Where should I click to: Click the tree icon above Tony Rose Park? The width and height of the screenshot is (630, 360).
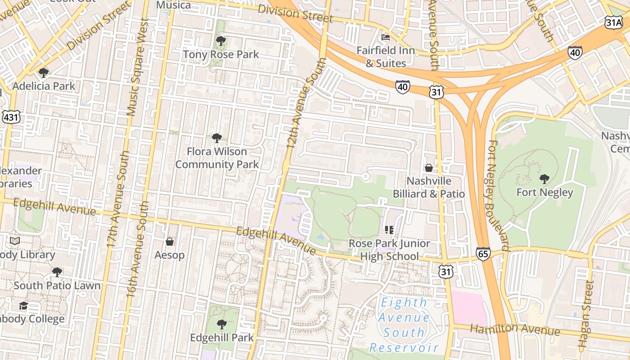click(x=220, y=41)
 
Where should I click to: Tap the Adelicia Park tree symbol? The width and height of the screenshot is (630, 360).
click(x=43, y=72)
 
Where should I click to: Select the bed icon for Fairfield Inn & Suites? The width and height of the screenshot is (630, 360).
click(x=386, y=37)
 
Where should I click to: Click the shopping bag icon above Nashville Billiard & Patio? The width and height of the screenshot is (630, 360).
click(x=429, y=168)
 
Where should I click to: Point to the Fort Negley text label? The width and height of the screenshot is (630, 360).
click(x=544, y=193)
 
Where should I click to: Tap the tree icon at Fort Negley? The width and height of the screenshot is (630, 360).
click(x=544, y=179)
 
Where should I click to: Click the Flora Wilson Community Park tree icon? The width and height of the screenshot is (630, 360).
click(x=217, y=138)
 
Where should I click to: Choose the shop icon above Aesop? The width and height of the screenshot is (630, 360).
click(x=170, y=242)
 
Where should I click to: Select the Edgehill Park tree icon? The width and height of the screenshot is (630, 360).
click(x=221, y=324)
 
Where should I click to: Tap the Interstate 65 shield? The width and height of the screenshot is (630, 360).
click(x=483, y=253)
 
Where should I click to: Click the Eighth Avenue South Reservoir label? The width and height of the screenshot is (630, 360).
click(x=404, y=325)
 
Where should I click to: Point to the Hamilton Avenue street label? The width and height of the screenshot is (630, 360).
click(x=515, y=329)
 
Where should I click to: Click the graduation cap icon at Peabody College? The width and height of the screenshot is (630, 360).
click(x=23, y=306)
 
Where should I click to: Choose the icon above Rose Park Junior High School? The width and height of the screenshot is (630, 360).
click(x=390, y=230)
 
